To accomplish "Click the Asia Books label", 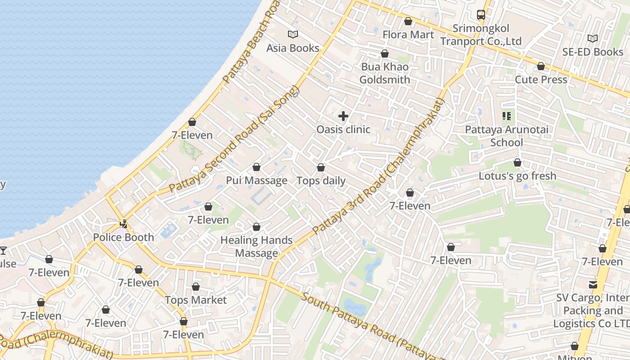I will [x=292, y=48].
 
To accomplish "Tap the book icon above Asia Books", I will [x=293, y=34].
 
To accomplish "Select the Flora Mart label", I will [x=408, y=35].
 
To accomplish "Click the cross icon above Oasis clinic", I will [x=343, y=116].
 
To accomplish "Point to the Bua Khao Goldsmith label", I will [x=385, y=73].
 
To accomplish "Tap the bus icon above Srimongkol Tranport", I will [x=481, y=15].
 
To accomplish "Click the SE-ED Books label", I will [x=593, y=52].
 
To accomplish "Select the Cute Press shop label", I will [x=541, y=80].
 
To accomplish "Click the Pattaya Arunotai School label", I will [x=507, y=136].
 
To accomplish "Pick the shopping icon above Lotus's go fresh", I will [x=517, y=162].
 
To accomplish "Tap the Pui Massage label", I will [x=256, y=180].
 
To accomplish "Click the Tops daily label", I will [x=321, y=181].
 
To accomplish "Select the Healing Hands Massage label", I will [x=256, y=247].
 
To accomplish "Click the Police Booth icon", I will [x=123, y=223].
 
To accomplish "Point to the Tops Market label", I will [x=196, y=300].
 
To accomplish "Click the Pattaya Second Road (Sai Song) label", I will [x=234, y=139].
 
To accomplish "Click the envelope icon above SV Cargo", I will [x=593, y=284].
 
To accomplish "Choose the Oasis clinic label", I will [x=343, y=130].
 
